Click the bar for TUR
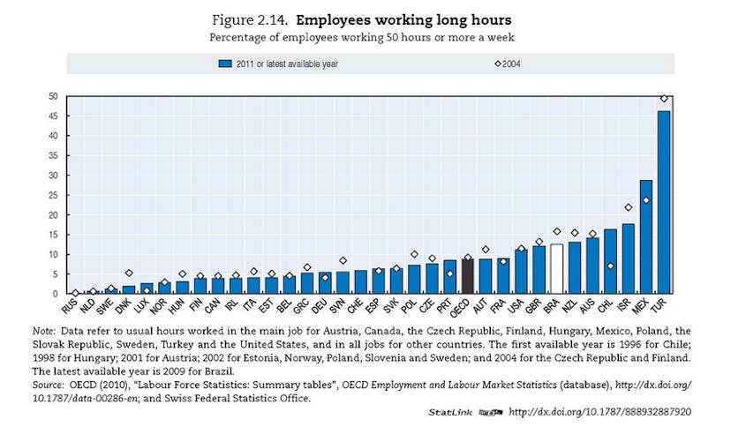coord(664,202)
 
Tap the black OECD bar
coord(468,276)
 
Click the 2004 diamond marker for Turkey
coord(664,99)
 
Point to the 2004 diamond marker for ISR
coord(629,207)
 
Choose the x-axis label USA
coord(518,308)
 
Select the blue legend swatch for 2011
coord(225,64)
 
